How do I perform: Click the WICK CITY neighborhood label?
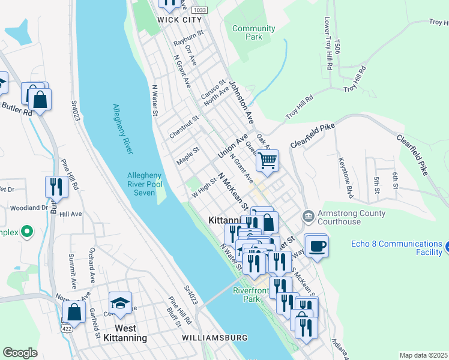coord(179,19)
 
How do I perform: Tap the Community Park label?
coord(253,32)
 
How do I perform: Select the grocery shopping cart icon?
coord(267,160)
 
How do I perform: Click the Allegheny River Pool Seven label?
coord(145,184)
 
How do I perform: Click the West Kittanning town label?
coord(130,333)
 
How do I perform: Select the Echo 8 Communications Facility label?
coord(396,248)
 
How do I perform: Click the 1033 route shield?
coord(200,10)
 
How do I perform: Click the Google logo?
coord(20,353)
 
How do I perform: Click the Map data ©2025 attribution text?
coord(423,355)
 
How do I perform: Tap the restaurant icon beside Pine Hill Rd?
coord(53,187)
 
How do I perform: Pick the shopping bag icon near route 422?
coord(74,311)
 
